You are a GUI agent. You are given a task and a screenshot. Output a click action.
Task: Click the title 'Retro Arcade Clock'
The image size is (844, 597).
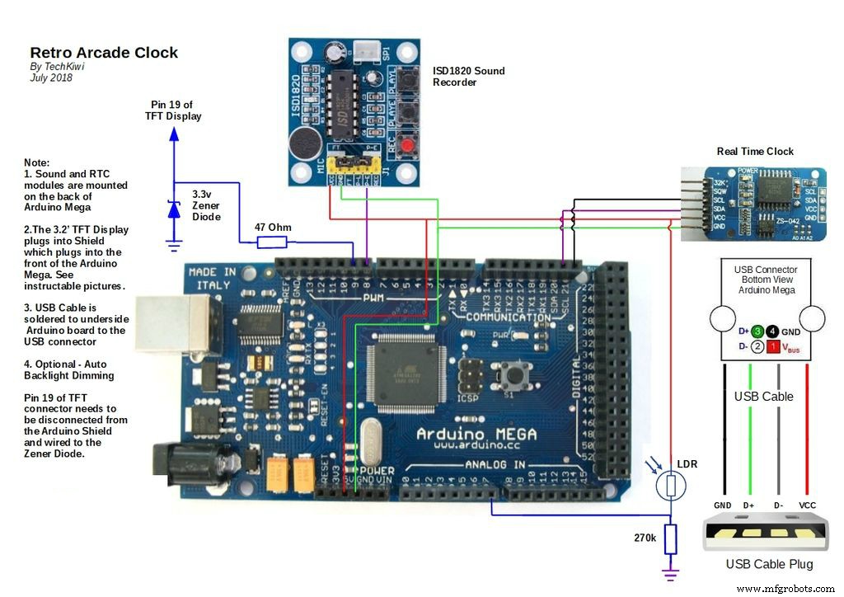point(104,53)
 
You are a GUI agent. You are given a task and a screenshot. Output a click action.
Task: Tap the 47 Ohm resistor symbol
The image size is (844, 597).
point(272,242)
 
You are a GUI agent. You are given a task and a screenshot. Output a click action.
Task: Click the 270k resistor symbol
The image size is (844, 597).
point(671,539)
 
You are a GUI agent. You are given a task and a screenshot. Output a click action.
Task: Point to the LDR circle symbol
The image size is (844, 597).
point(671,487)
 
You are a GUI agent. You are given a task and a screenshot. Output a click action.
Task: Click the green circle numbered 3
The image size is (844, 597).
point(757,330)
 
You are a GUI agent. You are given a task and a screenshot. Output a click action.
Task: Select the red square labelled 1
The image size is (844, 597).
point(773,347)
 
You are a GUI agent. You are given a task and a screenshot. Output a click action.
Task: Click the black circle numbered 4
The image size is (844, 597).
point(773,330)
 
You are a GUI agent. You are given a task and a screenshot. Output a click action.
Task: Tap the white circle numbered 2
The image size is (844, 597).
point(757,347)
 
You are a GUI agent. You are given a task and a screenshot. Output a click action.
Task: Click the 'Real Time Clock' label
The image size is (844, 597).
point(755,151)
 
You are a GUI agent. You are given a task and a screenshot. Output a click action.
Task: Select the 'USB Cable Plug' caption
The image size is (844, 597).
point(768,564)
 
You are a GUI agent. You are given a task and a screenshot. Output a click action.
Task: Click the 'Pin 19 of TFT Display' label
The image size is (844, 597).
point(173,110)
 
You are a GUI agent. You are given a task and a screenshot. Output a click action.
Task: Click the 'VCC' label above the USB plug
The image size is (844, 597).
point(808,505)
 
